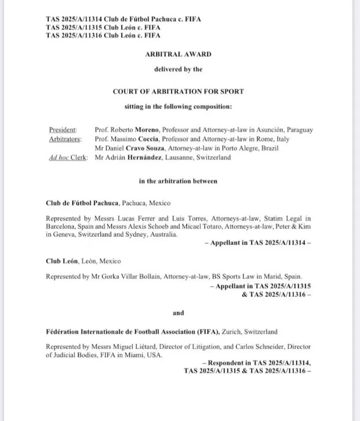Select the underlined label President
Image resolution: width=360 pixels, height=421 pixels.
coord(63,130)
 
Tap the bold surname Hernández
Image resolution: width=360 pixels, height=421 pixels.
coord(146,158)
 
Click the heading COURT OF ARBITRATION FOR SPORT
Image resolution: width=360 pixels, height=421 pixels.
coord(178,92)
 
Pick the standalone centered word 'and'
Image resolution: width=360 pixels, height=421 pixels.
coord(179,312)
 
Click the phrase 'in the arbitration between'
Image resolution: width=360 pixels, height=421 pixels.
coord(178,181)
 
